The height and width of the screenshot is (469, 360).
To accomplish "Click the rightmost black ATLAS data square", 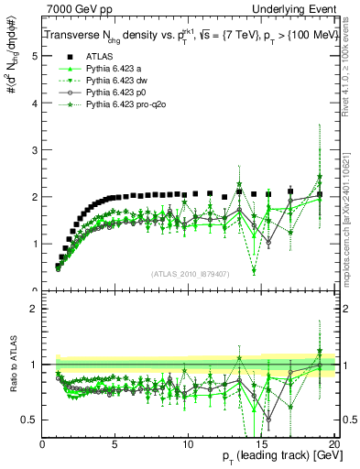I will coord(319,194).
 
